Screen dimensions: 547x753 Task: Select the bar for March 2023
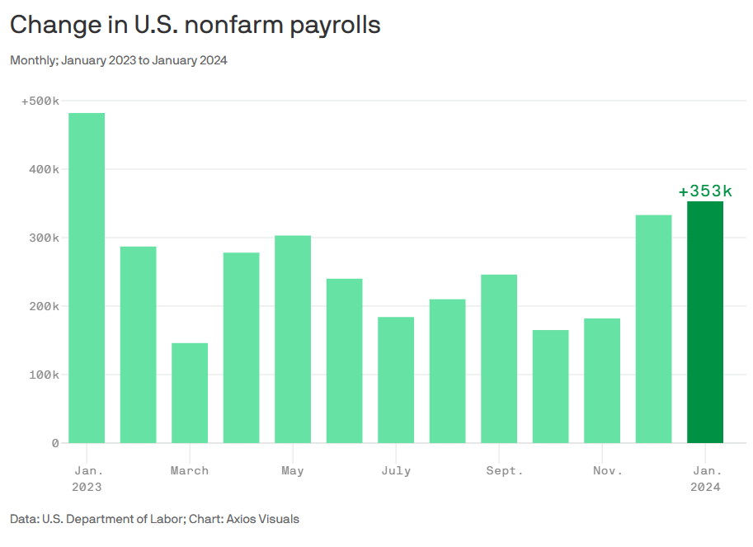[190, 393]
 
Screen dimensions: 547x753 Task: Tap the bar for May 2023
[293, 339]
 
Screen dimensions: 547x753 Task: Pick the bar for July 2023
[396, 380]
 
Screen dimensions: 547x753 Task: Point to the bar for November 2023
[602, 380]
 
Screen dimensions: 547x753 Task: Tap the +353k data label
[705, 191]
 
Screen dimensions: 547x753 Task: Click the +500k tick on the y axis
[40, 101]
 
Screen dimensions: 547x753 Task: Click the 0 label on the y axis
[55, 443]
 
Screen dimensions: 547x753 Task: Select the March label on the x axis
[190, 470]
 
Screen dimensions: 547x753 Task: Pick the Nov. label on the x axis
[607, 470]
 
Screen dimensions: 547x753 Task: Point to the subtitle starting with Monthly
[118, 60]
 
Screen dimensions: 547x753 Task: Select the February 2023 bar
[138, 344]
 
